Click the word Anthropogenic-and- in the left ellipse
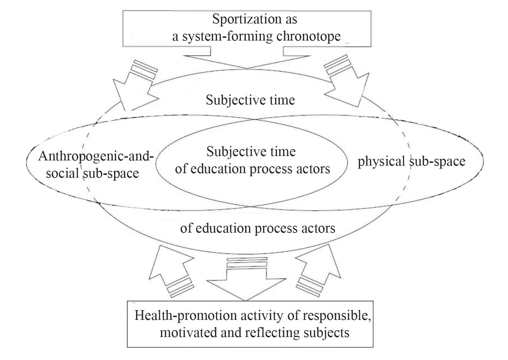(96, 157)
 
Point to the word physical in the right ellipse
(381, 161)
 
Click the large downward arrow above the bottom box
(246, 282)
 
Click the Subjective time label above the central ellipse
(250, 100)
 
